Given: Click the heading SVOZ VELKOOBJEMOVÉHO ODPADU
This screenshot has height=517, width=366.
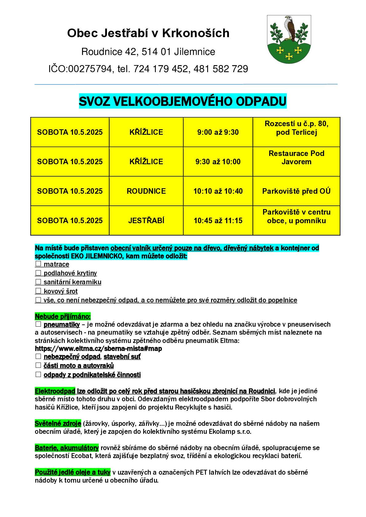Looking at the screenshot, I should point(183,101).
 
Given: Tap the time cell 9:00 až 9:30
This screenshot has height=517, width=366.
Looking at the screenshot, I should point(218,132).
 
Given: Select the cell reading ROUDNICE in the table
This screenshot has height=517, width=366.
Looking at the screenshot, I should point(146,191).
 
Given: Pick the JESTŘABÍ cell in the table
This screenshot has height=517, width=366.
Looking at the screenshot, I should point(146,221).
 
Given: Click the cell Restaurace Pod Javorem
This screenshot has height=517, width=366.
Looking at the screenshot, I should point(296,157).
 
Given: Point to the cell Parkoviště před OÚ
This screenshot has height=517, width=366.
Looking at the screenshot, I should point(296,191).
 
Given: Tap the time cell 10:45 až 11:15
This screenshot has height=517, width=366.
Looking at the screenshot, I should point(218,221).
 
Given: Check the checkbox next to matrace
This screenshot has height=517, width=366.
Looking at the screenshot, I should point(38,264).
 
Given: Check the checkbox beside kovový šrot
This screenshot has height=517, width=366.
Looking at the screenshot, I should point(38,291).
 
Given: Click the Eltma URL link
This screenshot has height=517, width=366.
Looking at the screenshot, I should point(98,349).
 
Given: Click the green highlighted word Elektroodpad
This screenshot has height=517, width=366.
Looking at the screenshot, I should point(55,391).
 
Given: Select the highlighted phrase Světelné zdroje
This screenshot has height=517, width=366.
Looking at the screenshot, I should point(58,424).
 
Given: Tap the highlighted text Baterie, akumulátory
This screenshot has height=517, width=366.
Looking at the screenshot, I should point(67,448).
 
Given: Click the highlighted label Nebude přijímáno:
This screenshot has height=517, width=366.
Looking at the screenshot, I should point(63,316).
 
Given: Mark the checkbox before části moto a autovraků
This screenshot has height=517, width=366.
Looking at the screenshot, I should point(38,365).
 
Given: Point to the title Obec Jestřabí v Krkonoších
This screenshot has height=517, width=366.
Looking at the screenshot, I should point(148,33).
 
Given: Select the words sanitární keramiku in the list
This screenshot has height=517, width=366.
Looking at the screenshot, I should point(73,282).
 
